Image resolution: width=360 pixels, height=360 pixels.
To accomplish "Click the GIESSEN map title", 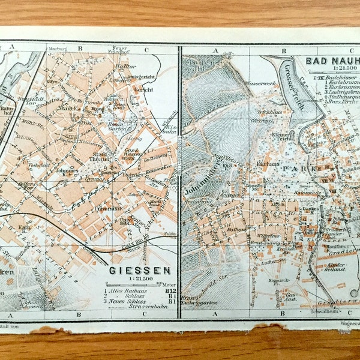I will click(x=139, y=271).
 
